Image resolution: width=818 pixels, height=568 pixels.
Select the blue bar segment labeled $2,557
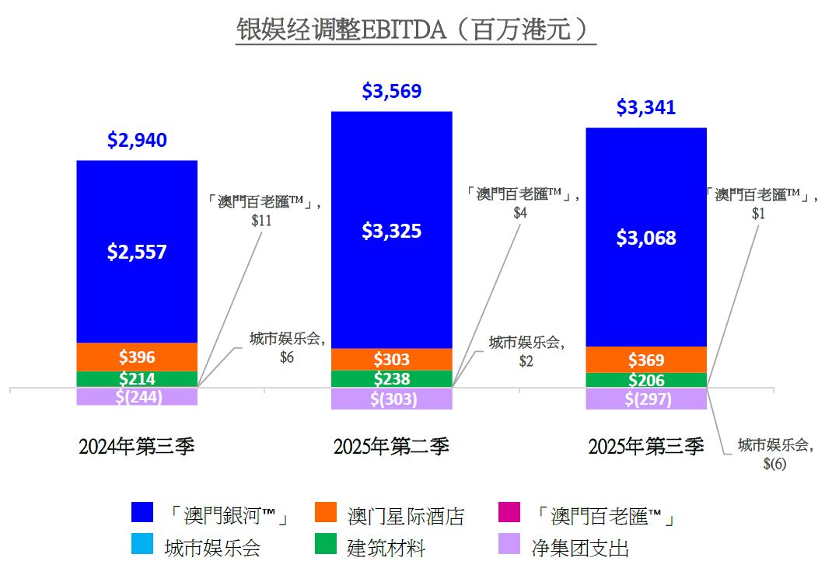coord(137,251)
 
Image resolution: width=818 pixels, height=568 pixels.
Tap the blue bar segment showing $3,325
coord(391,230)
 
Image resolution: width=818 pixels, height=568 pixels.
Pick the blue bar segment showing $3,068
coord(645,238)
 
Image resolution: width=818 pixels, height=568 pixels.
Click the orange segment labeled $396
coord(137,357)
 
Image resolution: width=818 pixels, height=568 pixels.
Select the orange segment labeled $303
coord(391,360)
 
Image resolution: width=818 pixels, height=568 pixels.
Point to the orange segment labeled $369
coord(645,360)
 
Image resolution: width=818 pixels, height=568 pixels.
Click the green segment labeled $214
coord(137,379)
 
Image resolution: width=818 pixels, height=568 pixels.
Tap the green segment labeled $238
coord(391,379)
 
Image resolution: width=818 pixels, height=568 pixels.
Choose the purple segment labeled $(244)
coord(137,396)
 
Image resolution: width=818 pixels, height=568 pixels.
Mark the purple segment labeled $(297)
coord(645,399)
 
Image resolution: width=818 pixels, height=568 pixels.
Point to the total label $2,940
coord(137,141)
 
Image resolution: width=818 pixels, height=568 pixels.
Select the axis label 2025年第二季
coord(391,447)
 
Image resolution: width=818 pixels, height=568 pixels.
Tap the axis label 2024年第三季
coord(137,447)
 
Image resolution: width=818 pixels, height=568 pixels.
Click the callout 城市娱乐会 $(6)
coord(774,454)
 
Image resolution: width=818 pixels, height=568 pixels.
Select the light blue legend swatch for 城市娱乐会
coord(143,546)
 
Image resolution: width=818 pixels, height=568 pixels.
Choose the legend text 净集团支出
coord(579,548)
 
